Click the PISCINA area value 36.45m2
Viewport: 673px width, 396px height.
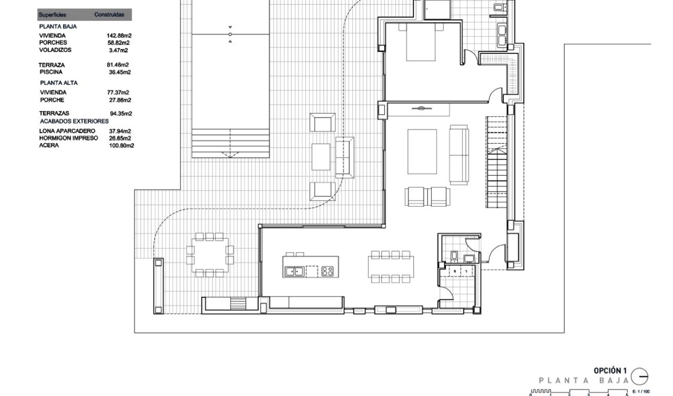[x=119, y=72]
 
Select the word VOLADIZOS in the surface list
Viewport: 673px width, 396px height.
[x=55, y=50]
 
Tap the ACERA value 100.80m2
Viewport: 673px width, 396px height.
[x=121, y=146]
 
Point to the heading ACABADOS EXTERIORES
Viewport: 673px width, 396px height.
[x=74, y=121]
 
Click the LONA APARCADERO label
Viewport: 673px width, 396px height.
[x=67, y=131]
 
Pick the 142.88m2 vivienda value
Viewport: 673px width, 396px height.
[x=119, y=36]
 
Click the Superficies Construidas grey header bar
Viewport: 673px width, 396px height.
[x=84, y=15]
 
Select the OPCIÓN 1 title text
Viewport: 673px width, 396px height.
[x=610, y=371]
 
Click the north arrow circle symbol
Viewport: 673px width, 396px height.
[x=639, y=376]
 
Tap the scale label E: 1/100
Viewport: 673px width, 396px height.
[x=641, y=391]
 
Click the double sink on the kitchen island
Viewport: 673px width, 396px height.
[x=294, y=272]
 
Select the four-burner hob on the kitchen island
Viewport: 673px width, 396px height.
[x=327, y=271]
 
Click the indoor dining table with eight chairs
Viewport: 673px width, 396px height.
[x=390, y=267]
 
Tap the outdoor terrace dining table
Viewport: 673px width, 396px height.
[x=210, y=255]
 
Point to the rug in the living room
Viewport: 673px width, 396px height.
[x=422, y=151]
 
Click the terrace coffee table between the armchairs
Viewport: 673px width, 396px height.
[x=321, y=157]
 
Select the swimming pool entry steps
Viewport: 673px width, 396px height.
[x=230, y=143]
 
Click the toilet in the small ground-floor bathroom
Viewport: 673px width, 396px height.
[x=454, y=255]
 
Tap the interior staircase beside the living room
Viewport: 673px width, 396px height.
[x=496, y=162]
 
